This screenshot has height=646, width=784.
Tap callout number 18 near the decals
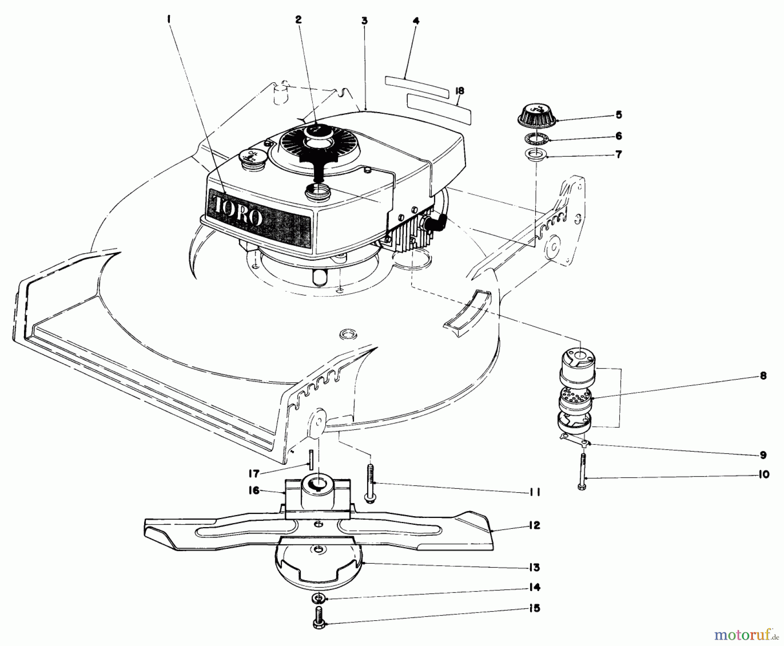[x=459, y=91]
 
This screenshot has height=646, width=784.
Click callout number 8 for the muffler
[x=763, y=375]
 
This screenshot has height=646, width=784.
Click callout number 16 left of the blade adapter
[x=253, y=490]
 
